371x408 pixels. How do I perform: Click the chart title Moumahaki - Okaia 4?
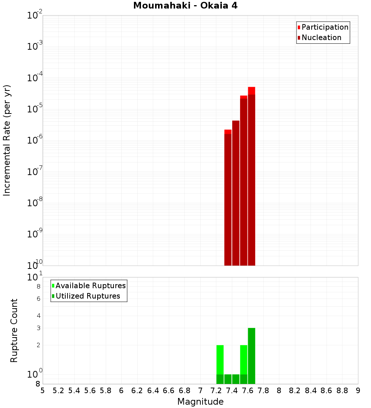[185, 6]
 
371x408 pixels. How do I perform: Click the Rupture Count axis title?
[14, 330]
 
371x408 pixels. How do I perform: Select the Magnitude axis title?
[200, 402]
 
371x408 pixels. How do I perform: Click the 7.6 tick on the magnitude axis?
[248, 391]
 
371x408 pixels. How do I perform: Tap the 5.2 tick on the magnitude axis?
[59, 391]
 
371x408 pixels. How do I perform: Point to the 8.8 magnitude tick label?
[342, 391]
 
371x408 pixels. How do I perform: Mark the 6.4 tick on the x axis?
[153, 391]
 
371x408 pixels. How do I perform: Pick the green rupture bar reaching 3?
[252, 356]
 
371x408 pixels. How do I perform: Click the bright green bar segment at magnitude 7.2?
[220, 360]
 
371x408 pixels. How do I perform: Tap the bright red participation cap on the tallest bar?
[252, 91]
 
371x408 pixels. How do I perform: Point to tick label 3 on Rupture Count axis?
[38, 328]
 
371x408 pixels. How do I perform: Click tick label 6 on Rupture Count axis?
[38, 299]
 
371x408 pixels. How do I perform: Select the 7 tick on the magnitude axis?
[200, 391]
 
